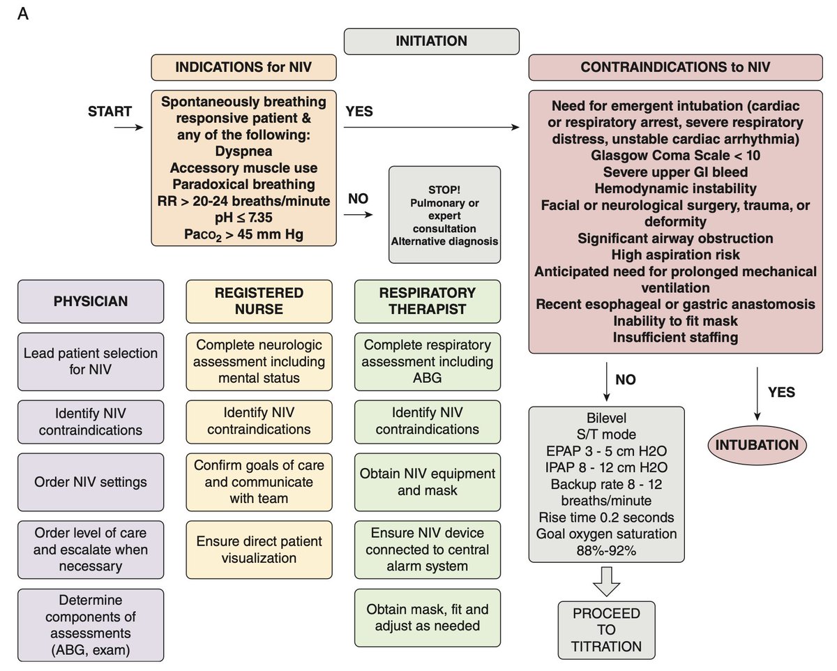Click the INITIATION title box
431,41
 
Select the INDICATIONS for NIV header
244,68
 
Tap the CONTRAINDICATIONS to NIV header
675,68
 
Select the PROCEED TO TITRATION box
606,629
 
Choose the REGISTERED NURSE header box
259,301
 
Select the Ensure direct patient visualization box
259,548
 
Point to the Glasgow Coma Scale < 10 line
674,154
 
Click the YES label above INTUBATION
781,392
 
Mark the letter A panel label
22,15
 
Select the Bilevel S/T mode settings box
606,483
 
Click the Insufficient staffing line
674,338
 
